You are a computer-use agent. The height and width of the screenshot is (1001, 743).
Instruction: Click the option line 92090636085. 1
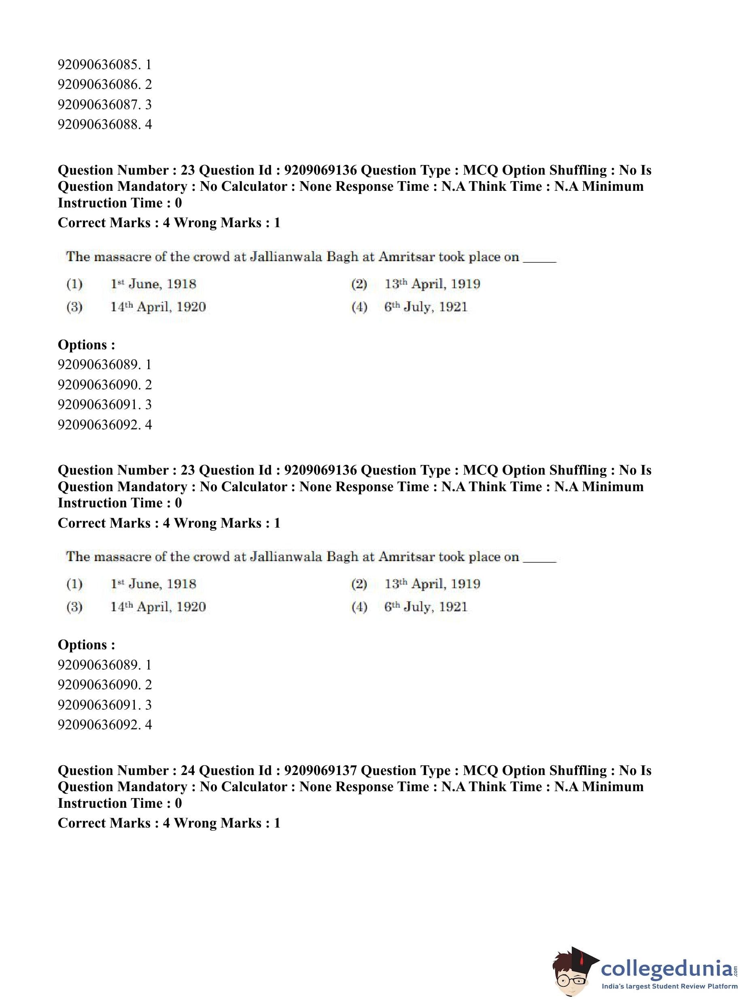pyautogui.click(x=104, y=65)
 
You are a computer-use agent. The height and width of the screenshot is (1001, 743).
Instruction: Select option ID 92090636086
pyautogui.click(x=104, y=84)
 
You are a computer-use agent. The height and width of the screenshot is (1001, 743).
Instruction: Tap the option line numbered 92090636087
pyautogui.click(x=104, y=105)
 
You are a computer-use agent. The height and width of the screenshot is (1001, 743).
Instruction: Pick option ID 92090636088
pyautogui.click(x=104, y=125)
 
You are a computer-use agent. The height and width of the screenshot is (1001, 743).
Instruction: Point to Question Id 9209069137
pyautogui.click(x=321, y=770)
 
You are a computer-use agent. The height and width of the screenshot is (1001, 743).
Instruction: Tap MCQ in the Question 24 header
pyautogui.click(x=480, y=770)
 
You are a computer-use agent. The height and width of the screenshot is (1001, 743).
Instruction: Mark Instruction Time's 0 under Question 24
pyautogui.click(x=178, y=803)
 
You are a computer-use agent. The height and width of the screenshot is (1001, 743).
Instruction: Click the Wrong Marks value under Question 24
pyautogui.click(x=276, y=823)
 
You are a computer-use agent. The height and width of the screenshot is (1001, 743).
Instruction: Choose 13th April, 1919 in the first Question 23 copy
pyautogui.click(x=432, y=284)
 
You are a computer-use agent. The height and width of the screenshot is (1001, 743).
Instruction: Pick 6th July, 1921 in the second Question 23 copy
pyautogui.click(x=425, y=607)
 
